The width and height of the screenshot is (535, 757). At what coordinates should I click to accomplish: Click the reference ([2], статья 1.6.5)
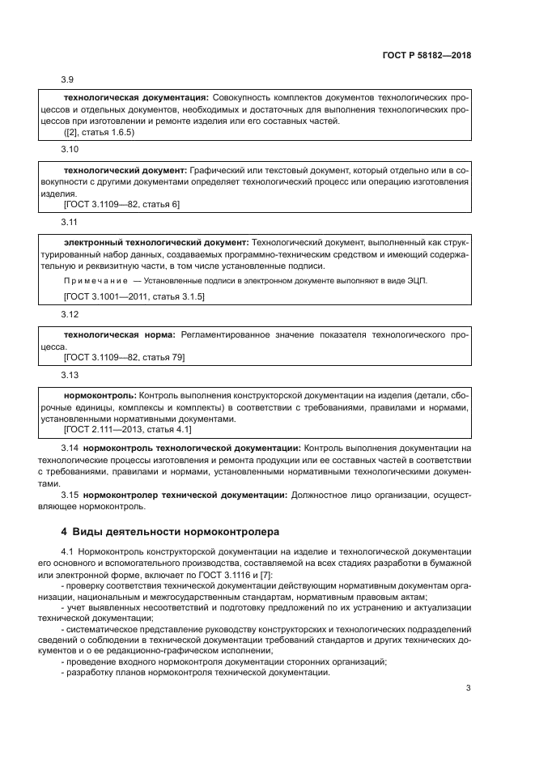pos(98,132)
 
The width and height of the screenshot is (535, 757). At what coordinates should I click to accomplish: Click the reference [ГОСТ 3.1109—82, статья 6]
pos(121,205)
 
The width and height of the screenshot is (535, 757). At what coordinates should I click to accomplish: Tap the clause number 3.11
pos(70,223)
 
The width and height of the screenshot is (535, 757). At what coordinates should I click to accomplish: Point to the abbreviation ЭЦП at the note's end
pos(415,280)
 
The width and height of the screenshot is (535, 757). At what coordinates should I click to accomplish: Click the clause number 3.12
pos(70,315)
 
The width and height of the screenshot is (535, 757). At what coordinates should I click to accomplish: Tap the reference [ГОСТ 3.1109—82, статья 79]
pos(124,357)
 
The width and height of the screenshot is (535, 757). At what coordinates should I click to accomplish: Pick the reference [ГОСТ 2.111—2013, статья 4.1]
pos(127,430)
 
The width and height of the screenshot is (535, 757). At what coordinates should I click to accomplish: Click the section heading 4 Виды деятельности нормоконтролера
pos(170,532)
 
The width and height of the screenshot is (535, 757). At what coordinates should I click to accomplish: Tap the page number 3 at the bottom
pos(468,689)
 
